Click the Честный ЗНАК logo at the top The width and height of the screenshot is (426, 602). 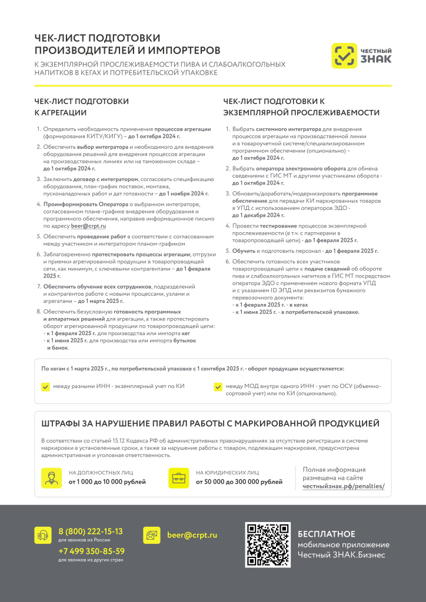[361, 56]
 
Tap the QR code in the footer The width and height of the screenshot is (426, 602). [268, 544]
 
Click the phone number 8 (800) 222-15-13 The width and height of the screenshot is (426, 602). [91, 531]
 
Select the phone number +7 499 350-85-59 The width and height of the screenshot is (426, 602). [91, 551]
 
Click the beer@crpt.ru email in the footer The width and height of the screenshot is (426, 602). [192, 535]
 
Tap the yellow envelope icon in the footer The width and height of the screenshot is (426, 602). [152, 535]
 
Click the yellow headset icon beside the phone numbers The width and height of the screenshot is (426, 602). [43, 535]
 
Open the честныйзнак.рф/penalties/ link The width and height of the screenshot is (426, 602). [344, 486]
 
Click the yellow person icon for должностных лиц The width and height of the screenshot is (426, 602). [51, 477]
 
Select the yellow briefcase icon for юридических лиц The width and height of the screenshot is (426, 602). [178, 477]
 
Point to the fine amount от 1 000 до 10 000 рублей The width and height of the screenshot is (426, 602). [107, 482]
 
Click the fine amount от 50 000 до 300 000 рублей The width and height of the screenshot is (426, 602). [239, 482]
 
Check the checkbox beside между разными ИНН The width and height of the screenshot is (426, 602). [45, 387]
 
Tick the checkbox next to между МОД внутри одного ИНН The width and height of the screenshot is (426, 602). [218, 387]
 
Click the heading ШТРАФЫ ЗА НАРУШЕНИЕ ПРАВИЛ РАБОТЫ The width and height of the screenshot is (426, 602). [210, 423]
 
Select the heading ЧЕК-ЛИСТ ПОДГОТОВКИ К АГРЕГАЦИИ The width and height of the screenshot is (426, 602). [81, 106]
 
